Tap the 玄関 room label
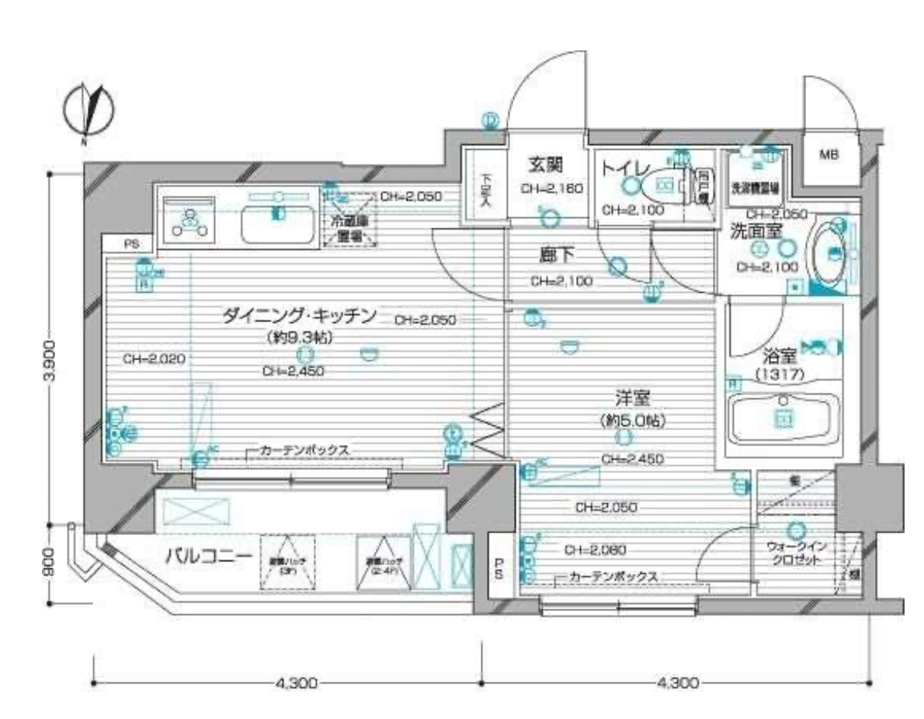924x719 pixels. pyautogui.click(x=545, y=165)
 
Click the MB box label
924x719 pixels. pyautogui.click(x=830, y=155)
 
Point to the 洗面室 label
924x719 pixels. pyautogui.click(x=756, y=230)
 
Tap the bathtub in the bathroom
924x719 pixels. pyautogui.click(x=783, y=419)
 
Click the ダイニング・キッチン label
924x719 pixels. pyautogui.click(x=299, y=315)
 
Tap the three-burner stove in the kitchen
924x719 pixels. pyautogui.click(x=188, y=219)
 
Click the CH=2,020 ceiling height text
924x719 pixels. pyautogui.click(x=148, y=359)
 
